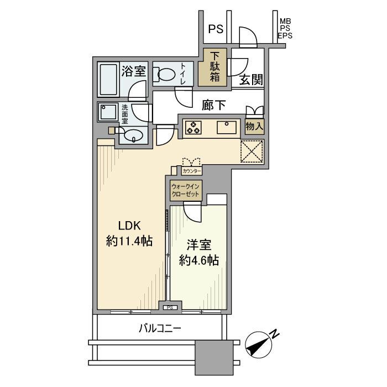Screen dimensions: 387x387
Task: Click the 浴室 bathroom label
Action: pyautogui.click(x=133, y=71)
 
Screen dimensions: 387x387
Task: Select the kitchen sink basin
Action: pyautogui.click(x=227, y=128)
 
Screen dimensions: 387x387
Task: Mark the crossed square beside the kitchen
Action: pyautogui.click(x=252, y=150)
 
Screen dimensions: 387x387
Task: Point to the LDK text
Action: pyautogui.click(x=130, y=226)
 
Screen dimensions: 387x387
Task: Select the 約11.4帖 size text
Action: pyautogui.click(x=130, y=242)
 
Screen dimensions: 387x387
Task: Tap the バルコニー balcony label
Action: pyautogui.click(x=160, y=330)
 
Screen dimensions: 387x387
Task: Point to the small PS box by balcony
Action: pyautogui.click(x=170, y=307)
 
